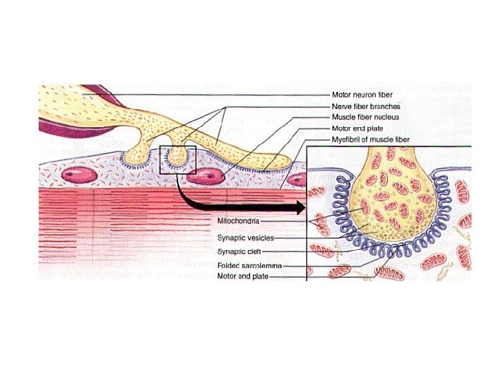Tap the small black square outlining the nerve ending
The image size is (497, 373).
coord(178,160)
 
